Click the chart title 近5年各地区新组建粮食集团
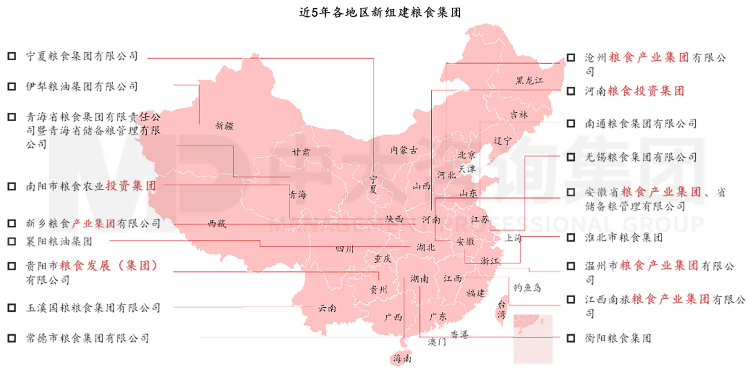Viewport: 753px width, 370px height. point(380,12)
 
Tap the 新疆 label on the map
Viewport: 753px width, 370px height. point(224,126)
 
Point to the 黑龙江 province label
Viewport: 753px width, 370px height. point(529,80)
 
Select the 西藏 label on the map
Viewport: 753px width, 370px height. point(217,224)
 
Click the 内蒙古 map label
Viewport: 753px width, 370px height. point(404,150)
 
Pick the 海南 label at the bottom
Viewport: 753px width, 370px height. point(402,358)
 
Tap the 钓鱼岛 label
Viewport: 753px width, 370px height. point(527,288)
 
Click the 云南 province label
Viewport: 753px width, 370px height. point(327,308)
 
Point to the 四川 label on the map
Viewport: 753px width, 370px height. point(344,249)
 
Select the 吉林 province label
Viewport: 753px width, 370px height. point(519,115)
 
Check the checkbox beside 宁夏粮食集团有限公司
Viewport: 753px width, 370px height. point(12,56)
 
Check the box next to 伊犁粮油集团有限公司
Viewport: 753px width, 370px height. point(12,87)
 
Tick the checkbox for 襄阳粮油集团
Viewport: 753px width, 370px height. point(12,242)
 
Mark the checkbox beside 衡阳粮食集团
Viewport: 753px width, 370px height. point(571,338)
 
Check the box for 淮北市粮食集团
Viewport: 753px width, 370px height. point(571,237)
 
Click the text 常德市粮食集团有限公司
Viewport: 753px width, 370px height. point(87,338)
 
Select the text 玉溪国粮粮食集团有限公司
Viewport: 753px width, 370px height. point(93,308)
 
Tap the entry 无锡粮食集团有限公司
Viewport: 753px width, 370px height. point(640,157)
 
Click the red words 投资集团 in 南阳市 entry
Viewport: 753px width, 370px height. point(131,186)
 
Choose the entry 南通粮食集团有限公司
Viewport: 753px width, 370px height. point(640,124)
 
